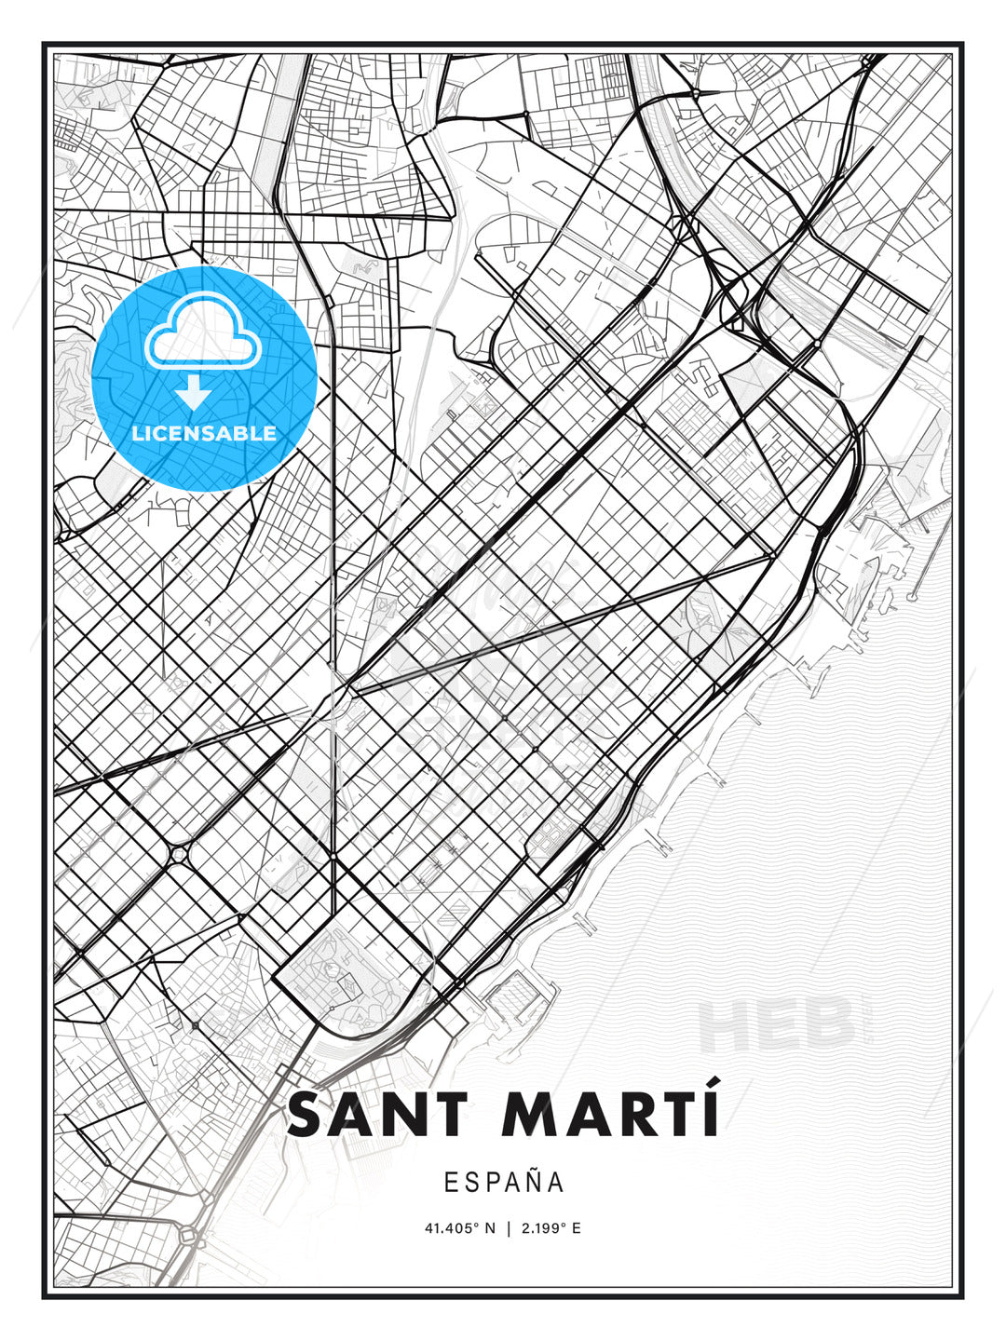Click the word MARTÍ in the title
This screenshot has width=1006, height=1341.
(x=610, y=1115)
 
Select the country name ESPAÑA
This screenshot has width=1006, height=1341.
(x=504, y=1183)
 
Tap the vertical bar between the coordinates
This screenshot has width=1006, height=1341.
(x=508, y=1228)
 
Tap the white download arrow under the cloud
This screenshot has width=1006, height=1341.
(x=194, y=392)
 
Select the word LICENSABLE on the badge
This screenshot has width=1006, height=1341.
(x=204, y=433)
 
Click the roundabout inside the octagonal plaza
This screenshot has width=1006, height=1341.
(x=178, y=854)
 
